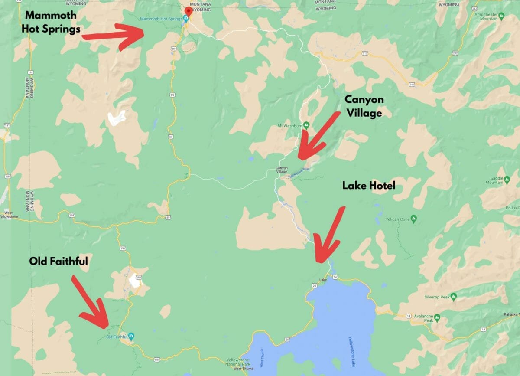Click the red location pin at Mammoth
point(188,11)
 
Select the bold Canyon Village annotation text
point(364,106)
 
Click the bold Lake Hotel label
point(369,186)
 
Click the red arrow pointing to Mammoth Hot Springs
point(115,35)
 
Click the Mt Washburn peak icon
point(306,126)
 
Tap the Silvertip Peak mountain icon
point(453,297)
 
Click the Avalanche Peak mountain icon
point(437,317)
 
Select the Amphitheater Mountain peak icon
point(501,16)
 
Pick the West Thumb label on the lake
point(262,357)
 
